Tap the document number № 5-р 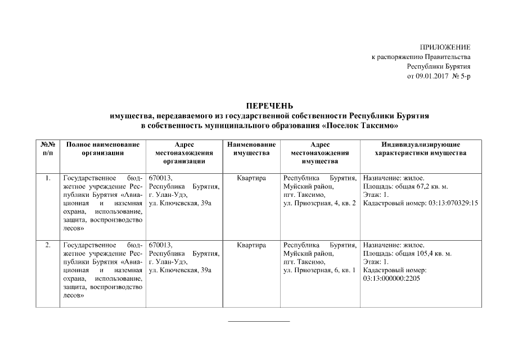[x=461, y=76]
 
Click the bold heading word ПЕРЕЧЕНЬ [x=269, y=106]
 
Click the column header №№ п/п [x=47, y=148]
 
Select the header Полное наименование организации [x=102, y=148]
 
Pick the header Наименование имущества [x=251, y=148]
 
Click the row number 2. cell [x=48, y=245]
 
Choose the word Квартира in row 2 [x=251, y=245]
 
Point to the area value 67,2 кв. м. [x=430, y=187]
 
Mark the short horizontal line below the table [x=258, y=321]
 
